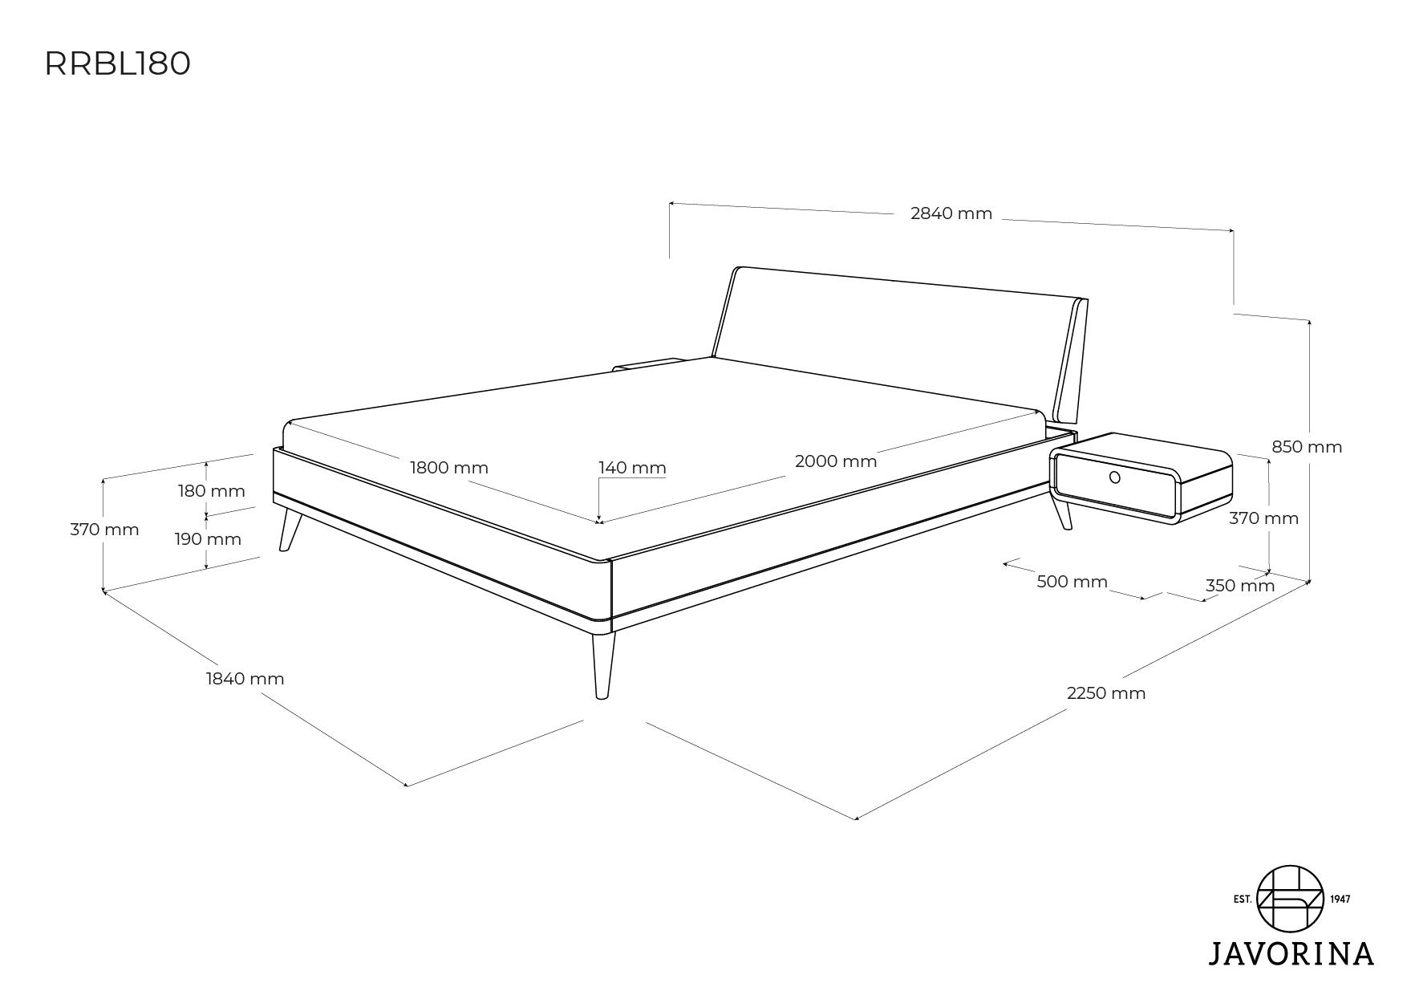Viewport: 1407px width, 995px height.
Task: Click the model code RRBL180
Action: click(x=117, y=65)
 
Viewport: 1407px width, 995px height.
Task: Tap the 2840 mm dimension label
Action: click(x=951, y=213)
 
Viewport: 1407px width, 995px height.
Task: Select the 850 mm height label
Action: click(x=1307, y=447)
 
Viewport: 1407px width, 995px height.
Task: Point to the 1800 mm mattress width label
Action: click(x=449, y=468)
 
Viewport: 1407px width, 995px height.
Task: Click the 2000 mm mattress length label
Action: click(x=836, y=461)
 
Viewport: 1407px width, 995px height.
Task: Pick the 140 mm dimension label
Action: click(x=632, y=468)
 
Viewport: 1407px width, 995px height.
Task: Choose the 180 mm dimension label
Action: click(x=212, y=491)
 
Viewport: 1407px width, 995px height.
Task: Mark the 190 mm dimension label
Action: click(x=208, y=539)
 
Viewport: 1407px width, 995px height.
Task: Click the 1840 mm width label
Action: click(x=245, y=679)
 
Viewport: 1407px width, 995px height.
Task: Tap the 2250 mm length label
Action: click(x=1106, y=693)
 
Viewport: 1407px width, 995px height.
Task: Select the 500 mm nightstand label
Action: click(x=1072, y=582)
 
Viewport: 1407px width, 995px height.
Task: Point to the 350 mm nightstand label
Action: click(x=1240, y=586)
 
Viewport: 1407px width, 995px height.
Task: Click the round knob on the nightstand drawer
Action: click(x=1114, y=478)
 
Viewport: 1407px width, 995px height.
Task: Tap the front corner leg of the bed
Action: click(x=603, y=665)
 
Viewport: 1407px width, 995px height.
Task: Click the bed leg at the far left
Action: click(x=289, y=530)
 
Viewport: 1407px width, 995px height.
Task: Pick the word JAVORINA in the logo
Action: click(x=1291, y=953)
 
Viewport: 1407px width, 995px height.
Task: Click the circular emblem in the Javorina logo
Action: click(x=1291, y=899)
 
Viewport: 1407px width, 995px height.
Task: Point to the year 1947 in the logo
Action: click(x=1340, y=899)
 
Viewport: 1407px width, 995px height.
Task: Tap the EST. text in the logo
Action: click(x=1243, y=899)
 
